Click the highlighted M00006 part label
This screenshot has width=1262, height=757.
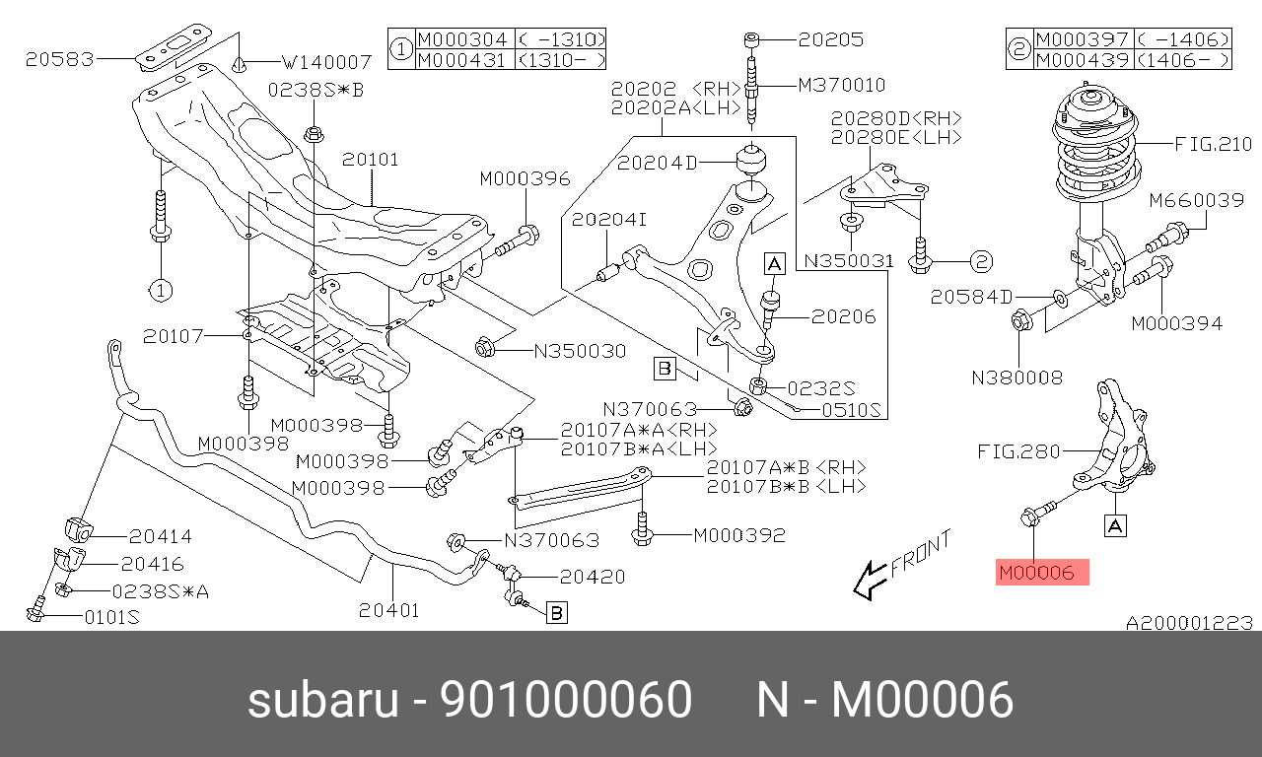pyautogui.click(x=1042, y=572)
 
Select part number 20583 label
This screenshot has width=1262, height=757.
pyautogui.click(x=60, y=59)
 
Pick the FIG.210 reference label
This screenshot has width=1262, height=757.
pyautogui.click(x=1214, y=144)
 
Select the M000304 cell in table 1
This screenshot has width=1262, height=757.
pyautogui.click(x=462, y=39)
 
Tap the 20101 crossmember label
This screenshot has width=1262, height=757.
pyautogui.click(x=371, y=159)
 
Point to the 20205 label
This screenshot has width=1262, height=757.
pyautogui.click(x=830, y=40)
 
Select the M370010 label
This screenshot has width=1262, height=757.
pyautogui.click(x=841, y=85)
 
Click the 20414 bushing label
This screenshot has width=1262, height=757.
pyautogui.click(x=160, y=537)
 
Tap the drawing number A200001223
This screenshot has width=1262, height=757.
pyautogui.click(x=1189, y=623)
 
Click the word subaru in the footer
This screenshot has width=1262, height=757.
pyautogui.click(x=322, y=701)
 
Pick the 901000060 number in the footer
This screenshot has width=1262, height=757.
pyautogui.click(x=566, y=701)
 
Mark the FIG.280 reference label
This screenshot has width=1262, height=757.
pyautogui.click(x=1018, y=451)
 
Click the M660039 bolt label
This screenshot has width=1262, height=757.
pyautogui.click(x=1196, y=201)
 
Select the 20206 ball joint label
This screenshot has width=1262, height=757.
pyautogui.click(x=843, y=316)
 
